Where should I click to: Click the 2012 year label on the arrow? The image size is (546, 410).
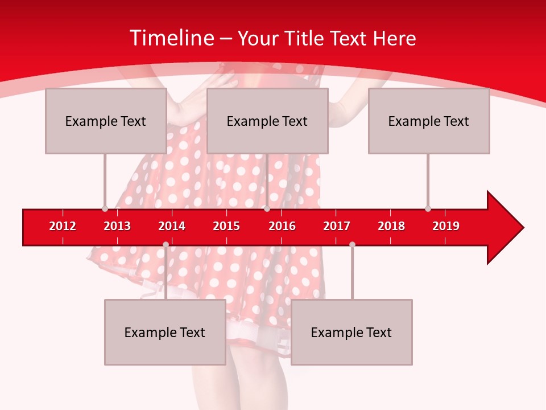coord(63,226)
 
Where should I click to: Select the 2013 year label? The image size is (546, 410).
coord(117,226)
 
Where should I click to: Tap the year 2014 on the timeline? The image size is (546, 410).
coord(172,226)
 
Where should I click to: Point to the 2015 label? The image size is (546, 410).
coord(226,226)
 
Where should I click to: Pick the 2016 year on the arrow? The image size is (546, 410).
coord(282,226)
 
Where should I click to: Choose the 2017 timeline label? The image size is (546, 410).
coord(337,226)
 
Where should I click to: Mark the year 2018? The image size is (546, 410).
coord(391,226)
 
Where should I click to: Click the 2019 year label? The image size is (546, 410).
coord(446,226)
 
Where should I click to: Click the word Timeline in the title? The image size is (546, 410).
coord(171,38)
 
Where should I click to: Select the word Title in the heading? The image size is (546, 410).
coord(305,38)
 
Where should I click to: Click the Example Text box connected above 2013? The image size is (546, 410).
coord(106,121)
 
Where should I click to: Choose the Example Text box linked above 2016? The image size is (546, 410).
coord(267,121)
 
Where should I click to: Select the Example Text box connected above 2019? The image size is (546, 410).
coord(429,121)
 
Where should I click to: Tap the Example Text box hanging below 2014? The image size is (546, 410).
coord(165,332)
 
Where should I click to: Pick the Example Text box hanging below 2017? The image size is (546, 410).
coord(351,332)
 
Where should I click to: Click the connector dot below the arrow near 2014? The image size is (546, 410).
coord(166,244)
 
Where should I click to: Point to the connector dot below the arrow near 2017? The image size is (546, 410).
coord(352,244)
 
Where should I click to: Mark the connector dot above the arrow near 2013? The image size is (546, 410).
coord(105,208)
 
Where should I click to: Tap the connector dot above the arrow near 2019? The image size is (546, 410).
coord(428,208)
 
